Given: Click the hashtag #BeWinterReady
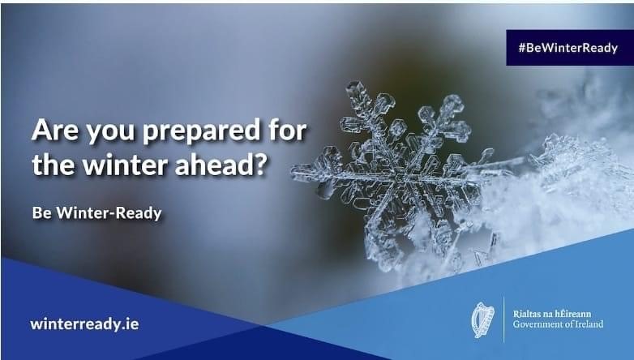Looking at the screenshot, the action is point(568,48).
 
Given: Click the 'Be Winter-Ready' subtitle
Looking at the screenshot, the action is point(97,212).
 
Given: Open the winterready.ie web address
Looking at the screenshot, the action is point(84,324).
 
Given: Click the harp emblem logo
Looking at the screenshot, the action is point(483,320).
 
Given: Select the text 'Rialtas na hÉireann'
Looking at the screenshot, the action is point(552,314).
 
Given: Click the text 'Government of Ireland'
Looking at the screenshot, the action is point(558,324).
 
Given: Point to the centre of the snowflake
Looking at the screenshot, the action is point(401,178).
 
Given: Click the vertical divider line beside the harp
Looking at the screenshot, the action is point(503,319).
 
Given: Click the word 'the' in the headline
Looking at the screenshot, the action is point(54,165).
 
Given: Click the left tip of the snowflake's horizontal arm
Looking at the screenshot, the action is point(293,170).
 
